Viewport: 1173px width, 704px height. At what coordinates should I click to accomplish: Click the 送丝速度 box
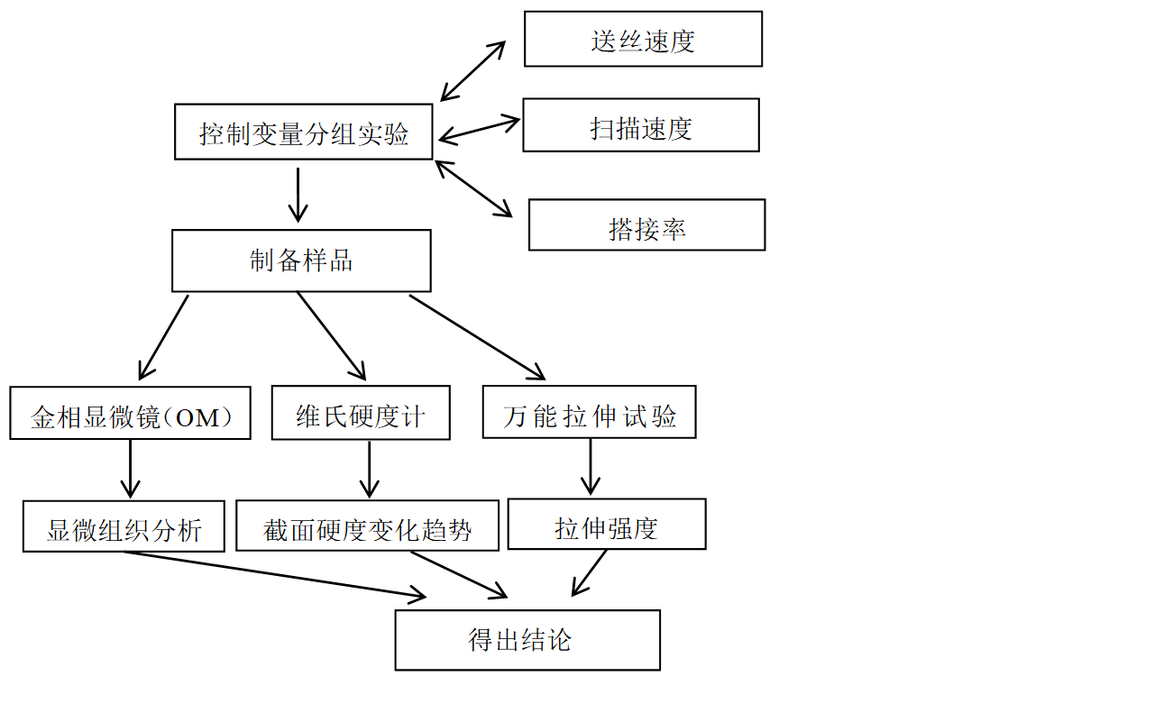click(643, 39)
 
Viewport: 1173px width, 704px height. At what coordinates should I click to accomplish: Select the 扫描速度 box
click(640, 125)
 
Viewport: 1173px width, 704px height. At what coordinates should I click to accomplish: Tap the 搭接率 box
click(646, 225)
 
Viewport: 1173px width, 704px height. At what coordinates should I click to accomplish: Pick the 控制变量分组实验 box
click(303, 132)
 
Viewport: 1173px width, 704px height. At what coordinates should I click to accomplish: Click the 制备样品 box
click(301, 261)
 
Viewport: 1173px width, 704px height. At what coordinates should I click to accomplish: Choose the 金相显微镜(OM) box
click(130, 413)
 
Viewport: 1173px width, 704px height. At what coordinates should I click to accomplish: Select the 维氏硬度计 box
click(360, 413)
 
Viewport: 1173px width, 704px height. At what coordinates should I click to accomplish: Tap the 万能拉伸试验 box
click(589, 412)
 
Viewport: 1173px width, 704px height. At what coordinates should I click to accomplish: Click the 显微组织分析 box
click(124, 526)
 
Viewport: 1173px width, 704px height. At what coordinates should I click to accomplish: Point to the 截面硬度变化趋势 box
click(367, 526)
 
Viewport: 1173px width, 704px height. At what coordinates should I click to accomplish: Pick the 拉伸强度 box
click(606, 525)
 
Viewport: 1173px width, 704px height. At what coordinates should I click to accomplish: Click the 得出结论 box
click(527, 640)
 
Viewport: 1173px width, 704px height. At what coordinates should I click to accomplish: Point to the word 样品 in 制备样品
click(327, 261)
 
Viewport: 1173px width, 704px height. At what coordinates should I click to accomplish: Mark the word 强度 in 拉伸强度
click(632, 528)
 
